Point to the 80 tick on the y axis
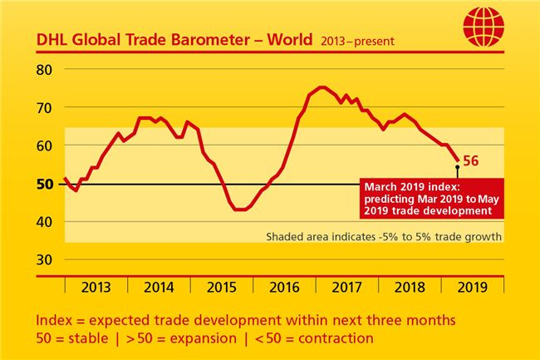click(46, 69)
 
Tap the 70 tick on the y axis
click(46, 107)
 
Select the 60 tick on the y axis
click(46, 145)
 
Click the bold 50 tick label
click(46, 184)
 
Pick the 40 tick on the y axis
click(46, 222)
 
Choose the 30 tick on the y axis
click(46, 259)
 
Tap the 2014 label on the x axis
click(158, 288)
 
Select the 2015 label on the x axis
click(221, 288)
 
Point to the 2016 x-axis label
click(283, 288)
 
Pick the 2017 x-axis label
click(346, 288)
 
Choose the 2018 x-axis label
click(410, 288)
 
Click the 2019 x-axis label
click(472, 288)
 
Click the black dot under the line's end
click(458, 168)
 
